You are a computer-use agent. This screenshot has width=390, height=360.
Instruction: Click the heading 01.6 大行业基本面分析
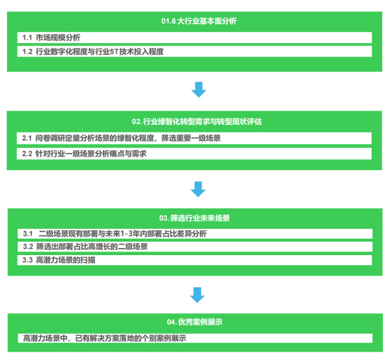click(x=199, y=21)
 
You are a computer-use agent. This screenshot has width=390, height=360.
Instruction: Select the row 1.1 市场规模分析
click(x=195, y=38)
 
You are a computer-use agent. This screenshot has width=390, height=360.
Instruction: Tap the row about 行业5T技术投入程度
click(x=195, y=52)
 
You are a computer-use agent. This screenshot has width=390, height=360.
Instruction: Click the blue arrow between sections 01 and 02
click(x=199, y=89)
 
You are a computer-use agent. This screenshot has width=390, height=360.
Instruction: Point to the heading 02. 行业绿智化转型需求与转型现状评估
click(x=197, y=122)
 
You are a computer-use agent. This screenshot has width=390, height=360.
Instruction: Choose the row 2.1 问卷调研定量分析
click(x=194, y=138)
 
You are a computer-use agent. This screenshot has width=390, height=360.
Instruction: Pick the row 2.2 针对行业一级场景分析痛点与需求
click(x=194, y=154)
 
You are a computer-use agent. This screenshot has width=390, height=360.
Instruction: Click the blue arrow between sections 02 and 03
click(x=198, y=189)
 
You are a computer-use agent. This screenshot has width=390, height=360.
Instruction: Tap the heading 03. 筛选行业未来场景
click(x=195, y=218)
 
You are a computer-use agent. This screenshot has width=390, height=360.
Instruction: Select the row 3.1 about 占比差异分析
click(x=195, y=234)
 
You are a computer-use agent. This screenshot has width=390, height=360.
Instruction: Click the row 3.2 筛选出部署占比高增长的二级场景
click(x=195, y=247)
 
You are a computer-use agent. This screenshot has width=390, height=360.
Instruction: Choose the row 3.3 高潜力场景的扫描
click(x=195, y=260)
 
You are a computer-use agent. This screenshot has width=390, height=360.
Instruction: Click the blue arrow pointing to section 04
click(x=197, y=295)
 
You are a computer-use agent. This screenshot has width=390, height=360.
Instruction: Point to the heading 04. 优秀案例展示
click(x=195, y=322)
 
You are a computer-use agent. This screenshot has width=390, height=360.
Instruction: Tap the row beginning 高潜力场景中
click(x=195, y=338)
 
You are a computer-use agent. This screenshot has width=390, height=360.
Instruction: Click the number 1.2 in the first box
click(x=28, y=52)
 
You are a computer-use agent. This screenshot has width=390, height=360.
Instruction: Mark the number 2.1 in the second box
click(x=27, y=138)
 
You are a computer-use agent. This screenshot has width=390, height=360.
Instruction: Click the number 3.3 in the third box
click(x=28, y=260)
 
